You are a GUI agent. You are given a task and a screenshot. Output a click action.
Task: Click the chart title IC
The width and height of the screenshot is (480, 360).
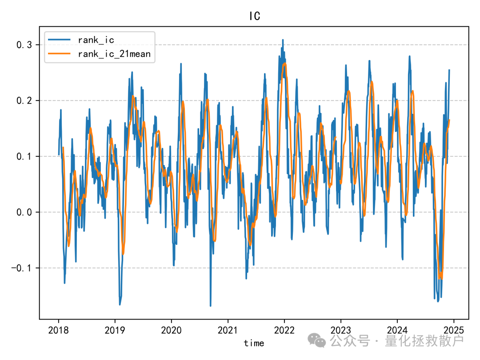coord(254,16)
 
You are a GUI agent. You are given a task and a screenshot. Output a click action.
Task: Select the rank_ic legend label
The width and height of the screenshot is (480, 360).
coord(96,40)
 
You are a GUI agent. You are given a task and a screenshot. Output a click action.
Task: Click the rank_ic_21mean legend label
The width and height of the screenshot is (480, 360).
coord(114,54)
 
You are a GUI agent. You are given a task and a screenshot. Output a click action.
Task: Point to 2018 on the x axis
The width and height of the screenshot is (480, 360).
coord(58,331)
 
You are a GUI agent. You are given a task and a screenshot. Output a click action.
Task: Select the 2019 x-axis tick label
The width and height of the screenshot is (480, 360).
coord(115,331)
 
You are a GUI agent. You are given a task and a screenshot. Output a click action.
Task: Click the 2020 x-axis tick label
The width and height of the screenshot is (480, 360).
coord(171,331)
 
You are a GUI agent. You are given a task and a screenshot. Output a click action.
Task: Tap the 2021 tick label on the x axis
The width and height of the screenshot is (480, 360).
coord(228,331)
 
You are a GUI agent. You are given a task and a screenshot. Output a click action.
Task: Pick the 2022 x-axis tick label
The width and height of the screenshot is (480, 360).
coord(284,331)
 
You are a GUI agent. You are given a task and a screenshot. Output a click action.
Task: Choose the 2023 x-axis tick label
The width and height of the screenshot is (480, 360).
coord(340,331)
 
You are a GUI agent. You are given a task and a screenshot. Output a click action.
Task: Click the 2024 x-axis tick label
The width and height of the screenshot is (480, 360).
coord(397,331)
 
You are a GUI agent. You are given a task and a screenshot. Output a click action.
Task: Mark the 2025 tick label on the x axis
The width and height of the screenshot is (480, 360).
coord(453,331)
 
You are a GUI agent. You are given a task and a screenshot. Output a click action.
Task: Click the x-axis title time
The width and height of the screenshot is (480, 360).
coord(254,343)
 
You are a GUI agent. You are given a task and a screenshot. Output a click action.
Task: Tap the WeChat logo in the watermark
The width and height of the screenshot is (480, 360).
coord(317,340)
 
